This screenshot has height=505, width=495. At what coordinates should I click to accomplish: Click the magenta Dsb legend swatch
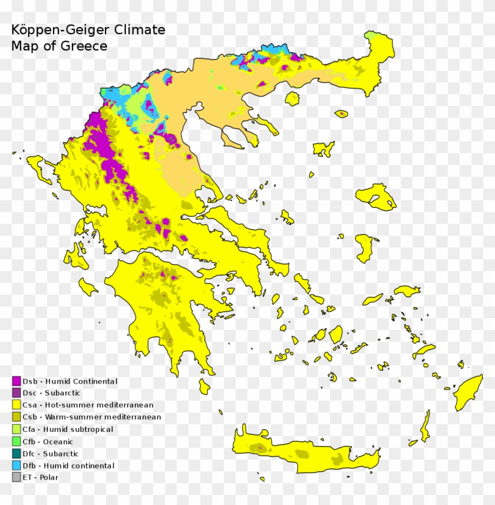coord(16,381)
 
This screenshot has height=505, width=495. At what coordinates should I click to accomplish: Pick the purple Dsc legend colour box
coord(16,393)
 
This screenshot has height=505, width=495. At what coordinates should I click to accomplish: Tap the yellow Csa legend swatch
coord(16,405)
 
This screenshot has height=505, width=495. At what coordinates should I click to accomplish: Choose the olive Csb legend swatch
coord(16,417)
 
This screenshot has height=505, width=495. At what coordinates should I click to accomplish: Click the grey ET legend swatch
coord(16,477)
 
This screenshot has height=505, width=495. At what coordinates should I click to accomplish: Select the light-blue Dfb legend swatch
coord(16,466)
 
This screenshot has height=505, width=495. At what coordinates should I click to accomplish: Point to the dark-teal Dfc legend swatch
coord(16,454)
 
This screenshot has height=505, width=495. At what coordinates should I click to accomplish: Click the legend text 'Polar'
coord(49,477)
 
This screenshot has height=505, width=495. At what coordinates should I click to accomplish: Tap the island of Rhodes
coord(468,392)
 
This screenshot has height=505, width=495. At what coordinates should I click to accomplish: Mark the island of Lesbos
coord(375,196)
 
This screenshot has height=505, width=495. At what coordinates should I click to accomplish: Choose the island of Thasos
coord(292,98)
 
